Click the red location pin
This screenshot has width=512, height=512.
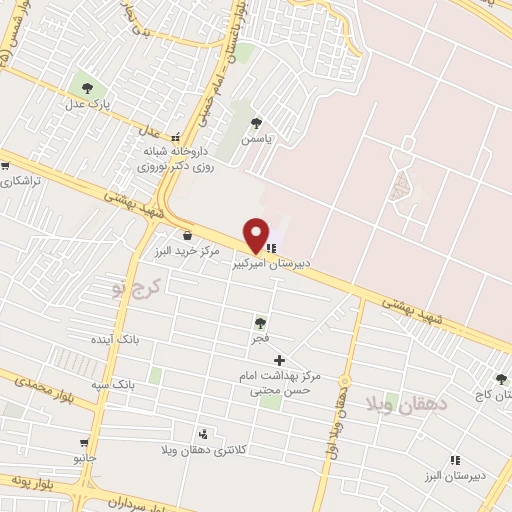coord(256,234)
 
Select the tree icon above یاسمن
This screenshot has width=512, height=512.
coord(257,123)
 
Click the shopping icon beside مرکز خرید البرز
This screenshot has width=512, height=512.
coord(187,235)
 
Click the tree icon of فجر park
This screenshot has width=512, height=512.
coord(260,322)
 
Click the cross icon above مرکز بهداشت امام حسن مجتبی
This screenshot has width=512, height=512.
coord(279,360)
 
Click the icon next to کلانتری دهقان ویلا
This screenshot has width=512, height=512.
coord(204,434)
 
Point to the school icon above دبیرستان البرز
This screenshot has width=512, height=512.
coord(455,460)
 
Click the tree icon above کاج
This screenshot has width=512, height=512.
coord(500,379)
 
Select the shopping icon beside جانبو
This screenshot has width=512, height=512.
coord(83,440)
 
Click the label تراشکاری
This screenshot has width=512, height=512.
coord(20,182)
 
